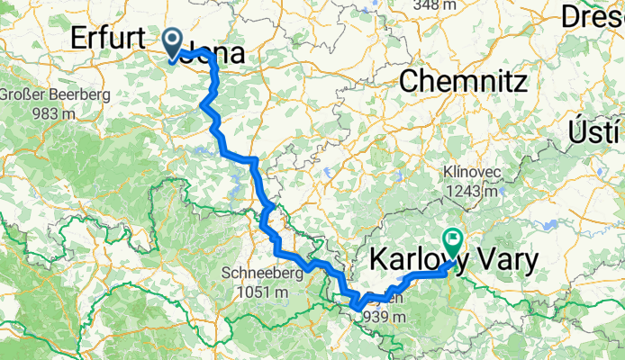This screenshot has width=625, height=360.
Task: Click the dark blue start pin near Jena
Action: [x=172, y=43]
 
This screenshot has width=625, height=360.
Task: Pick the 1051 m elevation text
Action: [x=258, y=292]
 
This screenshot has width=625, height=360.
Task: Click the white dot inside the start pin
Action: [x=172, y=39]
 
